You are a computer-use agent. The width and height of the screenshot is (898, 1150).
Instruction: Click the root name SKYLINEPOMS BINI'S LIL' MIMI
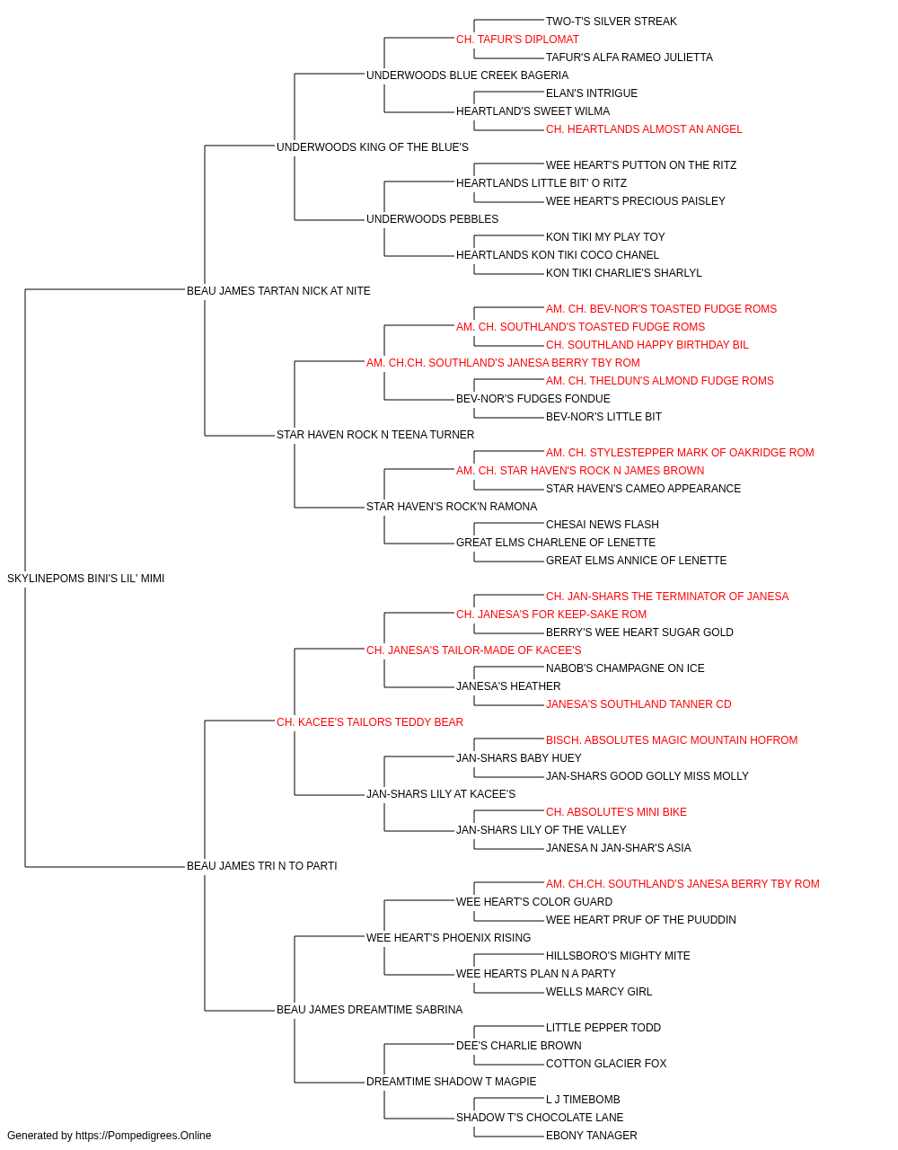(85, 579)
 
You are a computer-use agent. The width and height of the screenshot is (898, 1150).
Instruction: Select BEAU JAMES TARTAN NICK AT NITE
(278, 290)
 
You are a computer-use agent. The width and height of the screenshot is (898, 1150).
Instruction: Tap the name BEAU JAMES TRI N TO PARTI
(262, 866)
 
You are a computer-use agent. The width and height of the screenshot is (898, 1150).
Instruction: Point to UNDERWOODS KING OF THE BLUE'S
(373, 147)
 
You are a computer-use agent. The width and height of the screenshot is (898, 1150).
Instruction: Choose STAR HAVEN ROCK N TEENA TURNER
(375, 435)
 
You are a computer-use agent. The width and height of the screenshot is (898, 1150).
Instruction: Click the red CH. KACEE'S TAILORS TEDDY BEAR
(370, 721)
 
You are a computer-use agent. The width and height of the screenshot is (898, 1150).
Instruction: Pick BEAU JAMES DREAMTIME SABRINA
(369, 1010)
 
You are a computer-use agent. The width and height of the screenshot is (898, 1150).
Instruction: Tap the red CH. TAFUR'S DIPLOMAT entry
(517, 40)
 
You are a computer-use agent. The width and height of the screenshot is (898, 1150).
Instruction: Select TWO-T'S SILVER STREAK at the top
(611, 22)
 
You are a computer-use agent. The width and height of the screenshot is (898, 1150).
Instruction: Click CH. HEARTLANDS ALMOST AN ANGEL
(644, 129)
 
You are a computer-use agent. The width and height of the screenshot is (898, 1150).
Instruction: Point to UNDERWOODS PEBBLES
(432, 219)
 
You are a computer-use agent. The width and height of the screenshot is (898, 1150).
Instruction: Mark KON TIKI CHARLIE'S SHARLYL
(623, 273)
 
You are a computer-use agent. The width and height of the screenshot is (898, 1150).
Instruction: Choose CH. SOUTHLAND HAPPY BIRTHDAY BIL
(647, 344)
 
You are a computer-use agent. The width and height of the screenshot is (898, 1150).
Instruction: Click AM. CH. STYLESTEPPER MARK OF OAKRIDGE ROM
(680, 453)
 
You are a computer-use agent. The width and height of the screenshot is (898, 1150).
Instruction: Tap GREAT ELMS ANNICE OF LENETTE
(636, 561)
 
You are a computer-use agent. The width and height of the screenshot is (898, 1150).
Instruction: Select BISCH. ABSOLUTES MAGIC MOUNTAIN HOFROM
(671, 739)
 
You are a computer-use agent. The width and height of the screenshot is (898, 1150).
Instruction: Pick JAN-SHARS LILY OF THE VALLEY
(541, 830)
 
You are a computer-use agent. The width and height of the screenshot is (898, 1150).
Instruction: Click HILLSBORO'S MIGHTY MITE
(618, 956)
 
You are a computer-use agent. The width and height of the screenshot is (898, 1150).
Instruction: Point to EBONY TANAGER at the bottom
(591, 1136)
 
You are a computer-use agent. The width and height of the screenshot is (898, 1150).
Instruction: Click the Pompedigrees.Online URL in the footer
(143, 1136)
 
